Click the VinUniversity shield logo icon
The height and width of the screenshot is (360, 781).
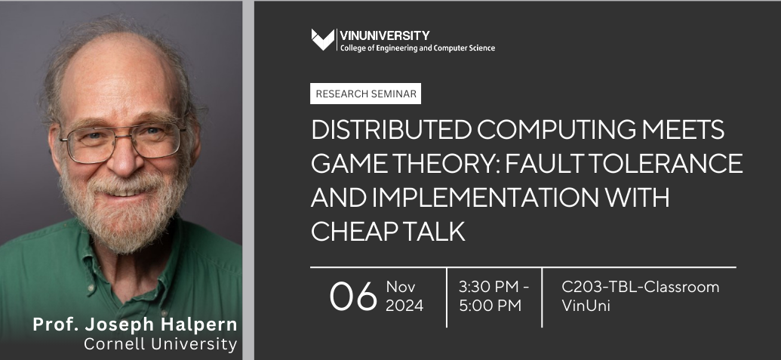(x=322, y=40)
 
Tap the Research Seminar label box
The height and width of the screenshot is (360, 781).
(x=365, y=94)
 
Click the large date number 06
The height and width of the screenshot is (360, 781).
(x=352, y=297)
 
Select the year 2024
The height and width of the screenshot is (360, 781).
(x=404, y=306)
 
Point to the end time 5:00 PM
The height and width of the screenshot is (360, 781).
(x=489, y=306)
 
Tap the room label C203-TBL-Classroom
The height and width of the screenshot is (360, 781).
(x=641, y=288)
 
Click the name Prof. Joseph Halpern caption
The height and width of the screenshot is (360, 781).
(x=134, y=325)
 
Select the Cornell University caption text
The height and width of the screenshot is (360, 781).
(x=160, y=344)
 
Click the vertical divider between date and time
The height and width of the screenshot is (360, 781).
(x=447, y=297)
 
